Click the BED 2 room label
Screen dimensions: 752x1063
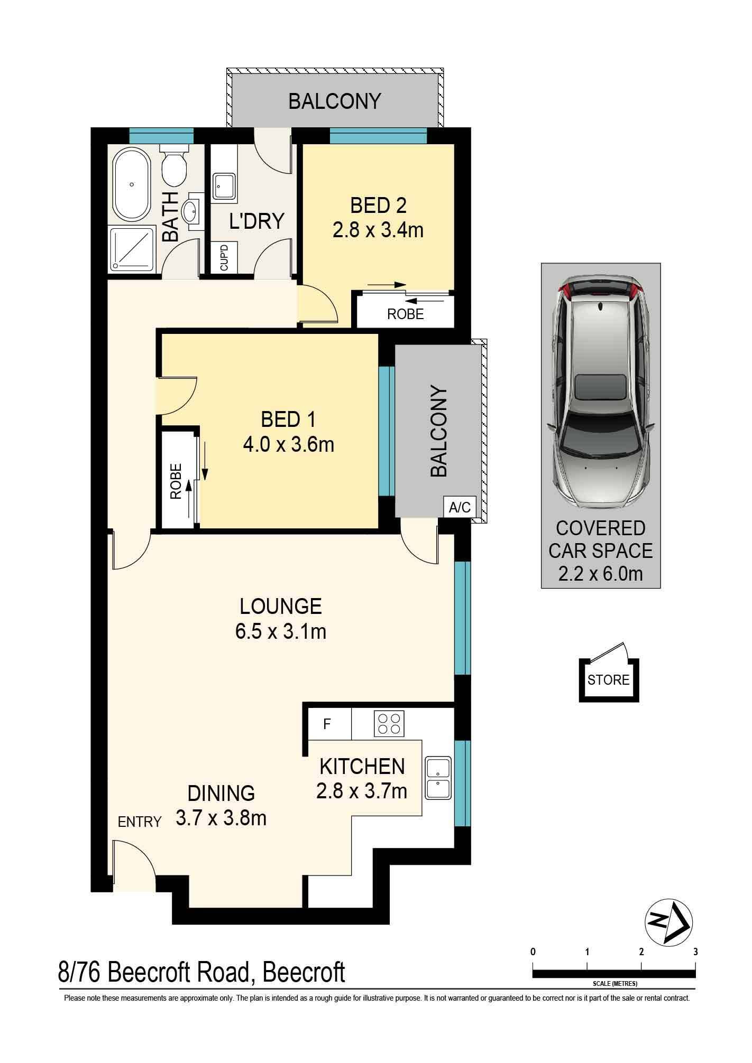(x=378, y=205)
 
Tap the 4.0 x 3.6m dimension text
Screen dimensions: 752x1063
(x=288, y=445)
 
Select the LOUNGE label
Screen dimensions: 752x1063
(x=281, y=606)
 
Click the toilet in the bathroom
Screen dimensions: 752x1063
(x=174, y=164)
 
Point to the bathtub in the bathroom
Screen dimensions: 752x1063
(x=131, y=185)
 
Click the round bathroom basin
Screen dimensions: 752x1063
(x=191, y=212)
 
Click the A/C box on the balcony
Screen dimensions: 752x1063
(x=459, y=508)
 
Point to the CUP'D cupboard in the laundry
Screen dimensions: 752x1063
(x=224, y=257)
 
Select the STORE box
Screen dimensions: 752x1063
(x=609, y=680)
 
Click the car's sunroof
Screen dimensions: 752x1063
(x=601, y=387)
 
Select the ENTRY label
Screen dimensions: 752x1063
(x=140, y=822)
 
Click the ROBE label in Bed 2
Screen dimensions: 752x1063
(x=406, y=314)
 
